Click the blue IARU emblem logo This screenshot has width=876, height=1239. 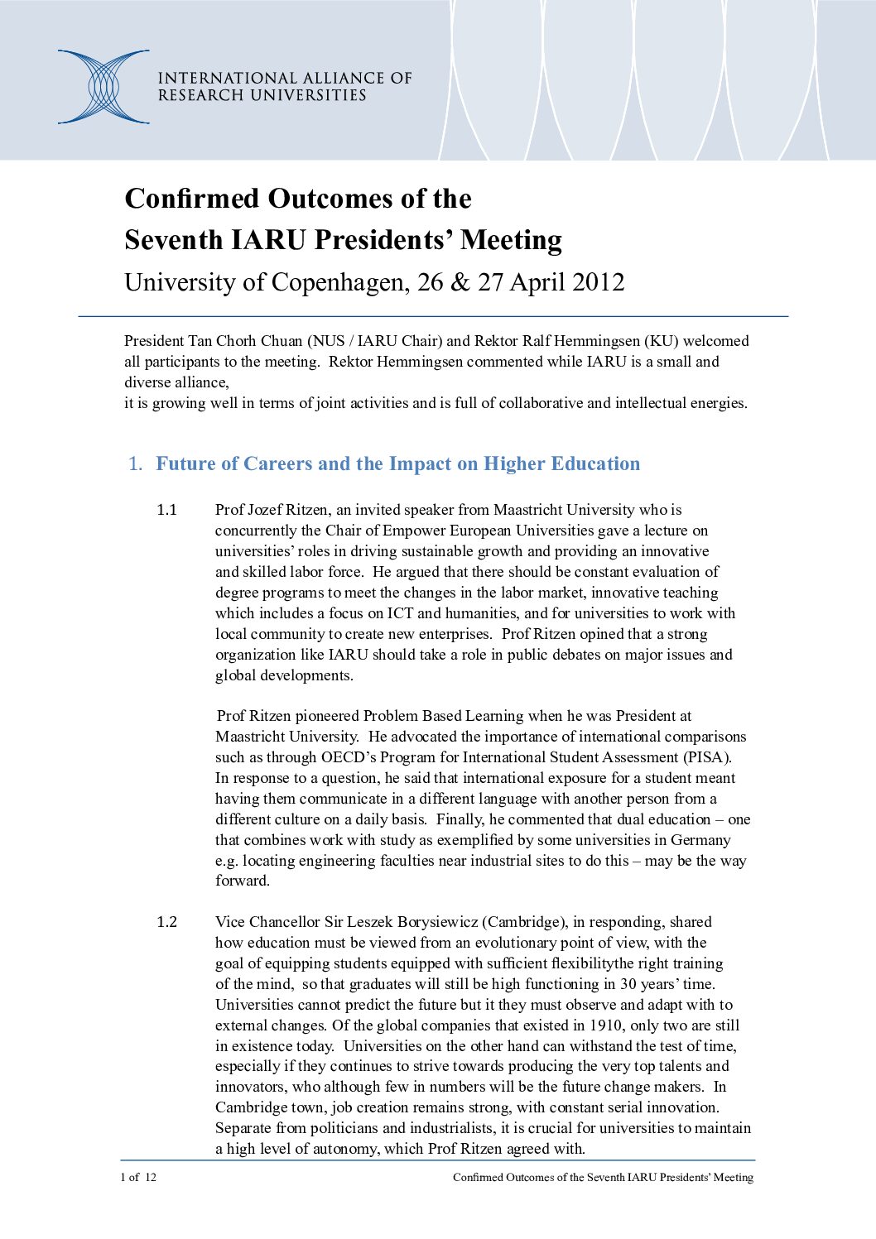tap(103, 87)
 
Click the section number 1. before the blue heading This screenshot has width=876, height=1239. tap(136, 464)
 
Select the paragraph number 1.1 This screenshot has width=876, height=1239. tap(167, 510)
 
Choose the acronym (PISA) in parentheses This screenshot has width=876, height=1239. tap(706, 757)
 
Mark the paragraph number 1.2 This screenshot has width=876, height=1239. tap(167, 922)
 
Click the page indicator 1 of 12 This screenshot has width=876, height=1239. tap(138, 1178)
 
